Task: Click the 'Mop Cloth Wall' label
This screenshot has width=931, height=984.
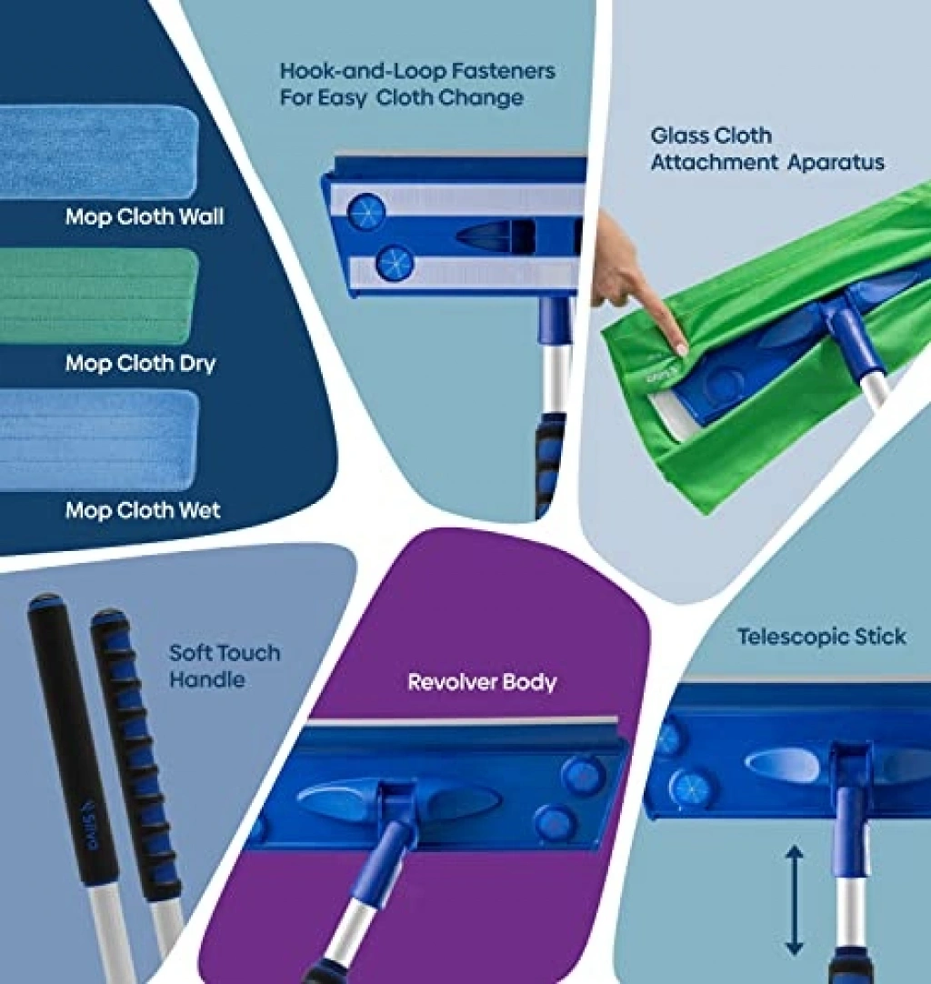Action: [x=145, y=216]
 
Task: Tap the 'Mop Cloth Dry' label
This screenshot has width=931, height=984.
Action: [x=141, y=364]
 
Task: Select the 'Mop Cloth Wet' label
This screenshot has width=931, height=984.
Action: [x=143, y=510]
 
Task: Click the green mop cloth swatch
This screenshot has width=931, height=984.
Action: [x=99, y=295]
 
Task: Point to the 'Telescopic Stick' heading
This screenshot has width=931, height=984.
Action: [x=821, y=637]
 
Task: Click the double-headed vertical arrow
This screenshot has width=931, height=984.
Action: [x=795, y=900]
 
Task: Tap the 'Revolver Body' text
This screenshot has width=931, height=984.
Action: [x=482, y=682]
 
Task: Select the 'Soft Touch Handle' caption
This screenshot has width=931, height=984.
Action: [x=225, y=666]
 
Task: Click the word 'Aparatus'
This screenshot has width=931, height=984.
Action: [x=836, y=163]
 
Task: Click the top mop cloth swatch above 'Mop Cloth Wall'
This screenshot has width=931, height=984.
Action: [x=99, y=151]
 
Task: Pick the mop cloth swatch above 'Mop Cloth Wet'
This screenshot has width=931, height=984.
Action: [x=99, y=440]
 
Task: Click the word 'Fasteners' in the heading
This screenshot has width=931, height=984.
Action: [x=504, y=71]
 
